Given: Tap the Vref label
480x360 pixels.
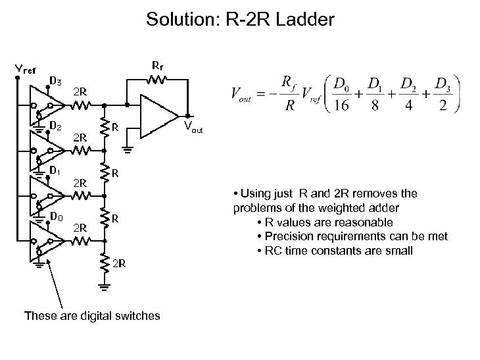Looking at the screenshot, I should (x=25, y=69).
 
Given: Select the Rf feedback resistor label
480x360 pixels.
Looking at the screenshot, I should (x=157, y=66).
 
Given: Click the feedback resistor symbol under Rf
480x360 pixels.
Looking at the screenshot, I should (x=156, y=80).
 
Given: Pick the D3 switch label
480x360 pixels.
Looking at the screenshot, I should (x=55, y=82).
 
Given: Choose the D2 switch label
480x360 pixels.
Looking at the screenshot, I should (x=55, y=124).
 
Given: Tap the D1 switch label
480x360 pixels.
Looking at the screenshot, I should (x=55, y=170).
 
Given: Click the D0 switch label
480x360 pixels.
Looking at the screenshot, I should (x=55, y=215).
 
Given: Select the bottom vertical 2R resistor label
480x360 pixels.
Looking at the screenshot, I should (x=119, y=264).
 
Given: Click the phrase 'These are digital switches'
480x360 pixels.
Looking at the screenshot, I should (x=92, y=316).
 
